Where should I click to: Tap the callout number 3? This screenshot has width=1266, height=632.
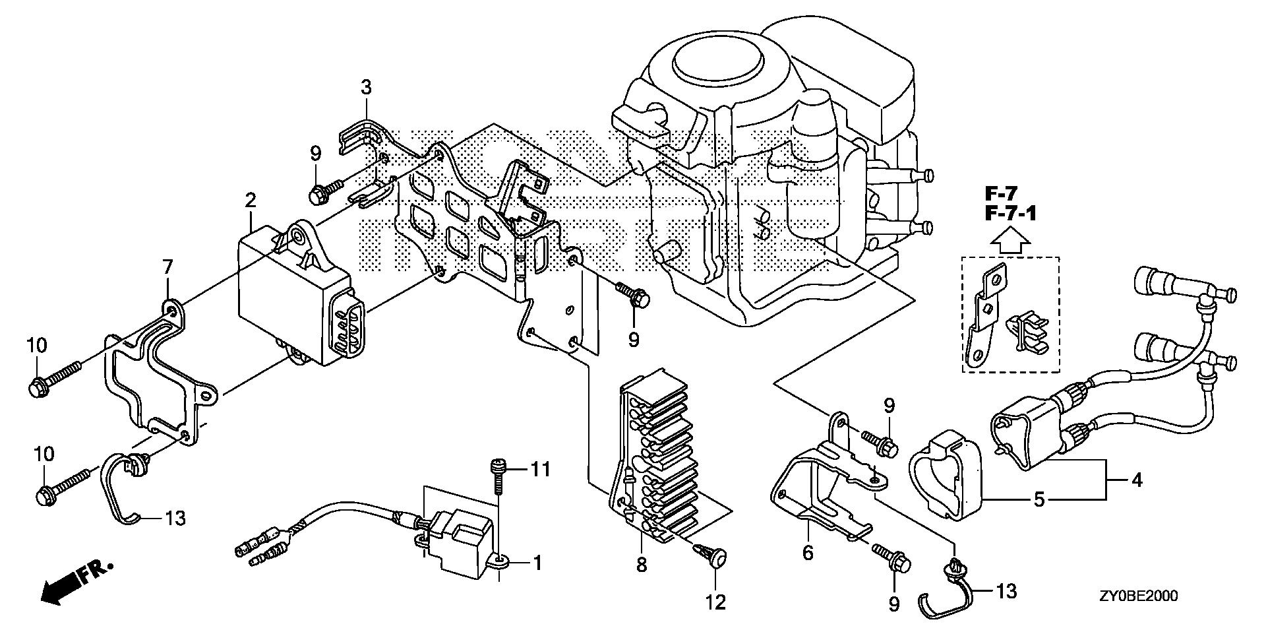point(366,86)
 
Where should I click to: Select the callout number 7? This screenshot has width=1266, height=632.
point(168,268)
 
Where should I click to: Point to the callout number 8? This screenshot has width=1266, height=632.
point(642,564)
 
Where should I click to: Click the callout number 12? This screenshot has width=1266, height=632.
point(715,602)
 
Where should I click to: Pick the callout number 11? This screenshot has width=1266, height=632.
point(542,470)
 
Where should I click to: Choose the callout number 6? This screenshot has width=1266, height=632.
point(808,553)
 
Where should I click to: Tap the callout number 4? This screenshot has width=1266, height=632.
point(1136,480)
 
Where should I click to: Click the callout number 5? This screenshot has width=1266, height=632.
point(1039,499)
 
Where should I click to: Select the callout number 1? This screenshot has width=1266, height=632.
point(537,563)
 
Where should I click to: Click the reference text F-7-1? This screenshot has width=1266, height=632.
point(1011,214)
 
